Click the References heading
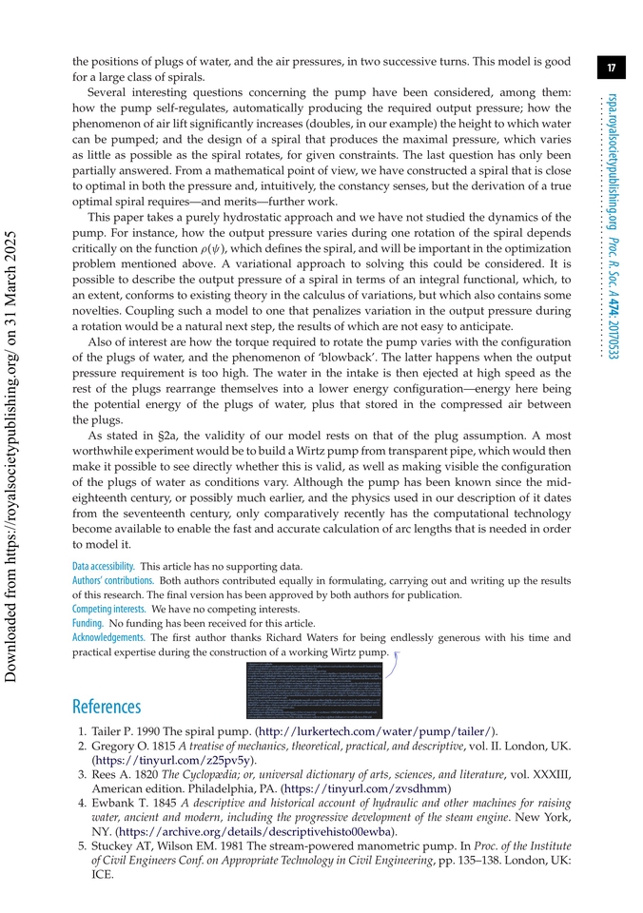point(106,707)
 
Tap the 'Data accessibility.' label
point(103,565)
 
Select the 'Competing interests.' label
point(108,609)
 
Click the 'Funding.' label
point(88,623)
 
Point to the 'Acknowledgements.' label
point(108,637)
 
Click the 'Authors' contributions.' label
point(113,580)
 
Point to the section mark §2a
point(168,435)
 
